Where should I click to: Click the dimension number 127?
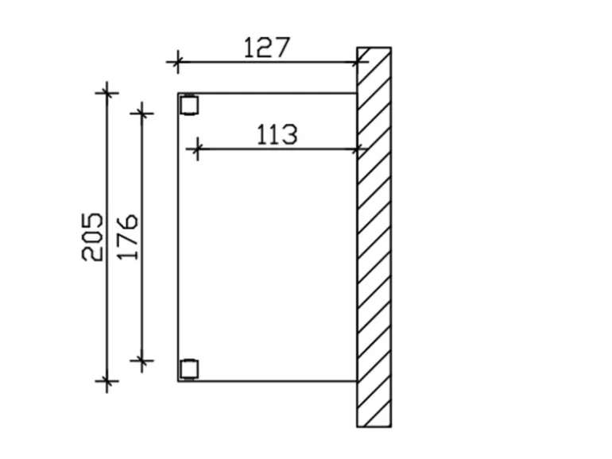click(267, 48)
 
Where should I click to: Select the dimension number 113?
click(277, 135)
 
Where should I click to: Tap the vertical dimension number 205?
click(93, 237)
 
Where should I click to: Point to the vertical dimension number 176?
click(127, 237)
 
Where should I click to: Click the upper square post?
click(189, 105)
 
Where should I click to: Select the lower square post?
click(189, 369)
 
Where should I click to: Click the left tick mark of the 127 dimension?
click(177, 62)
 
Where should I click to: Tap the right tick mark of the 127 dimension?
click(357, 62)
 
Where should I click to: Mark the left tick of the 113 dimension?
click(197, 149)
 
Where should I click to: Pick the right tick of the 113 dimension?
click(357, 149)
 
